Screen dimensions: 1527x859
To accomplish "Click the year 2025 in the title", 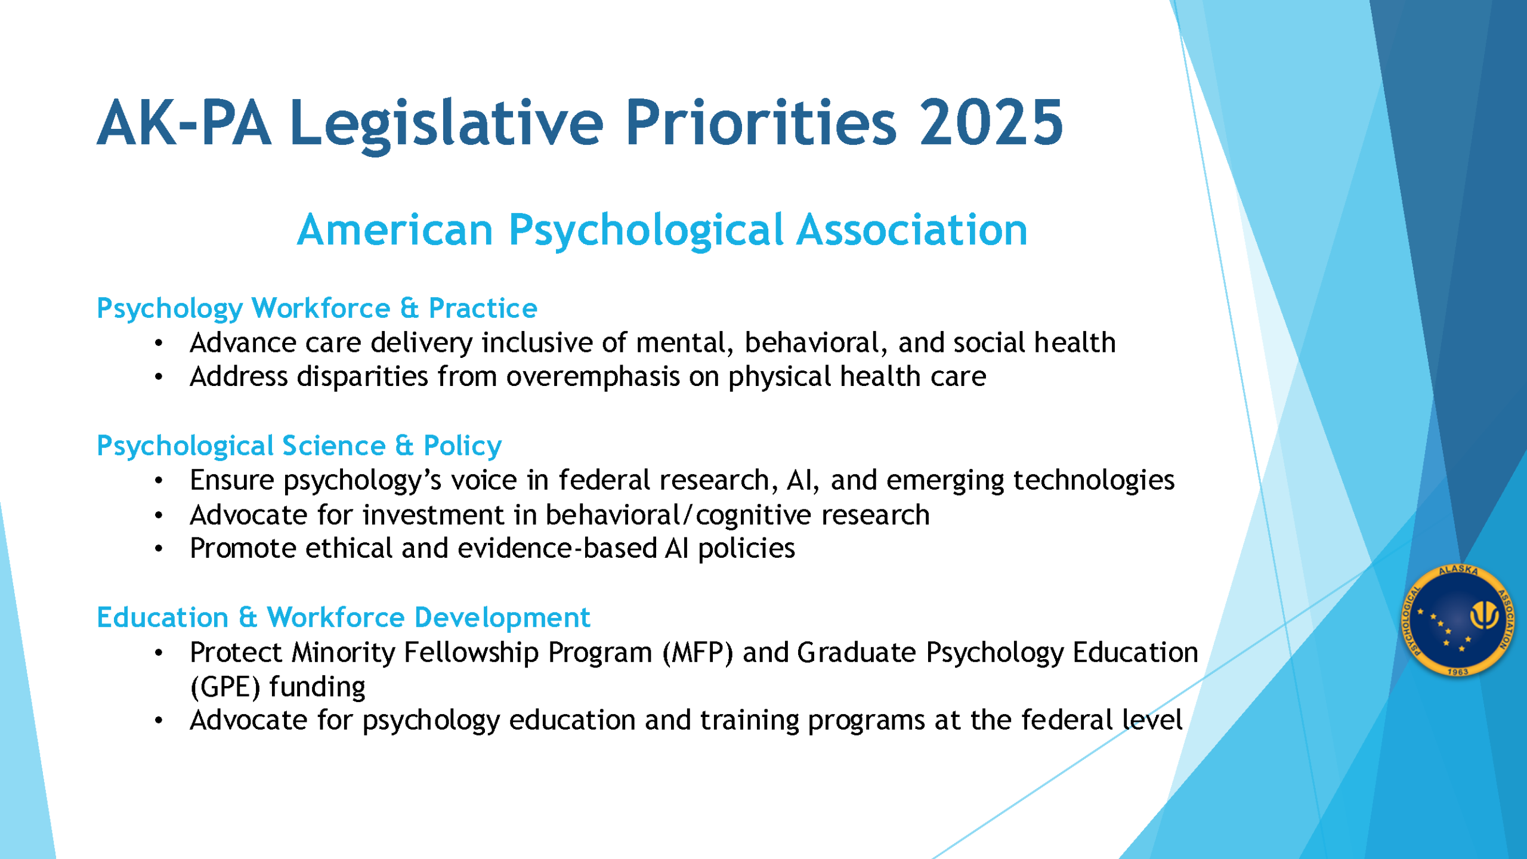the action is point(991,122).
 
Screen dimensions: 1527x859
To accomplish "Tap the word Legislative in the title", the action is point(447,124).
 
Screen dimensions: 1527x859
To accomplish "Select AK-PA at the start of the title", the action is point(184,122).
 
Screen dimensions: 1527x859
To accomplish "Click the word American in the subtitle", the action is point(395,230).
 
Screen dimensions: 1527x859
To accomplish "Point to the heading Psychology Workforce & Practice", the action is point(317,309).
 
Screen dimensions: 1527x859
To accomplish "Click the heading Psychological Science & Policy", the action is point(299,446).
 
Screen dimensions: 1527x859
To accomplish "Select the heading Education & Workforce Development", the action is point(344,618).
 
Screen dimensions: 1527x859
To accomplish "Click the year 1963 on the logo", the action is point(1458,672).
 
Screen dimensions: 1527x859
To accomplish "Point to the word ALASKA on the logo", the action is point(1458,570).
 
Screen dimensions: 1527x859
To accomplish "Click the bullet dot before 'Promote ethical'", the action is point(158,549).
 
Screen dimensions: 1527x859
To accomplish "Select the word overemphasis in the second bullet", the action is point(593,378).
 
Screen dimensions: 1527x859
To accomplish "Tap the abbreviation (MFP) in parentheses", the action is point(697,653).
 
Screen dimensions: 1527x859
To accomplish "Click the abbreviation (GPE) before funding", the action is point(225,687).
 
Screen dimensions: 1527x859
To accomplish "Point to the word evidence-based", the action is point(557,548).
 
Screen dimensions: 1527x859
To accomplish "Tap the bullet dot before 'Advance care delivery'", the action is point(158,343).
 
